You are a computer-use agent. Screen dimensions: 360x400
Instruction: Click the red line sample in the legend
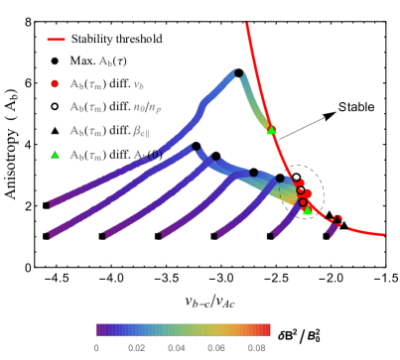click(56, 40)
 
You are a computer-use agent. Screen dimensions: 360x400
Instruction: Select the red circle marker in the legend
click(55, 84)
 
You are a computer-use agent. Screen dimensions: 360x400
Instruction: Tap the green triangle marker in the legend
click(55, 155)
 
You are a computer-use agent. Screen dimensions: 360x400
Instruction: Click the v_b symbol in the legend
click(138, 85)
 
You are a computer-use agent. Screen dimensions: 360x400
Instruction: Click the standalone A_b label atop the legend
click(105, 61)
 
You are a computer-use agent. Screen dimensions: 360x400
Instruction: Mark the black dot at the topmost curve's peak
click(238, 72)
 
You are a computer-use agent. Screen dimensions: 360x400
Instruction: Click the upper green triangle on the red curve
click(271, 130)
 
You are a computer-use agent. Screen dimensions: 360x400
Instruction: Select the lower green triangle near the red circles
click(308, 210)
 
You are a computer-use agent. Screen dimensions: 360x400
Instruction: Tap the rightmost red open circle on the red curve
click(337, 219)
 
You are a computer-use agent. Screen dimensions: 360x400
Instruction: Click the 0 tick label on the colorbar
click(96, 348)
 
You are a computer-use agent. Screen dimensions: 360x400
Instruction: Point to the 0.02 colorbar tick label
click(136, 348)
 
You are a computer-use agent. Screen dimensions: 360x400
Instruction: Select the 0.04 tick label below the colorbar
click(177, 348)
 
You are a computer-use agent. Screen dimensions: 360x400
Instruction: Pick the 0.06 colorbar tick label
click(216, 348)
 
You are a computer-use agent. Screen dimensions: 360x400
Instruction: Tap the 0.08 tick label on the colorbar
click(256, 348)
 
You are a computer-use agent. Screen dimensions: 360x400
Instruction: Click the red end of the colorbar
click(266, 329)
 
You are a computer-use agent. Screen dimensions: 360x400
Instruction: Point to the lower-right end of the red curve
click(383, 234)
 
